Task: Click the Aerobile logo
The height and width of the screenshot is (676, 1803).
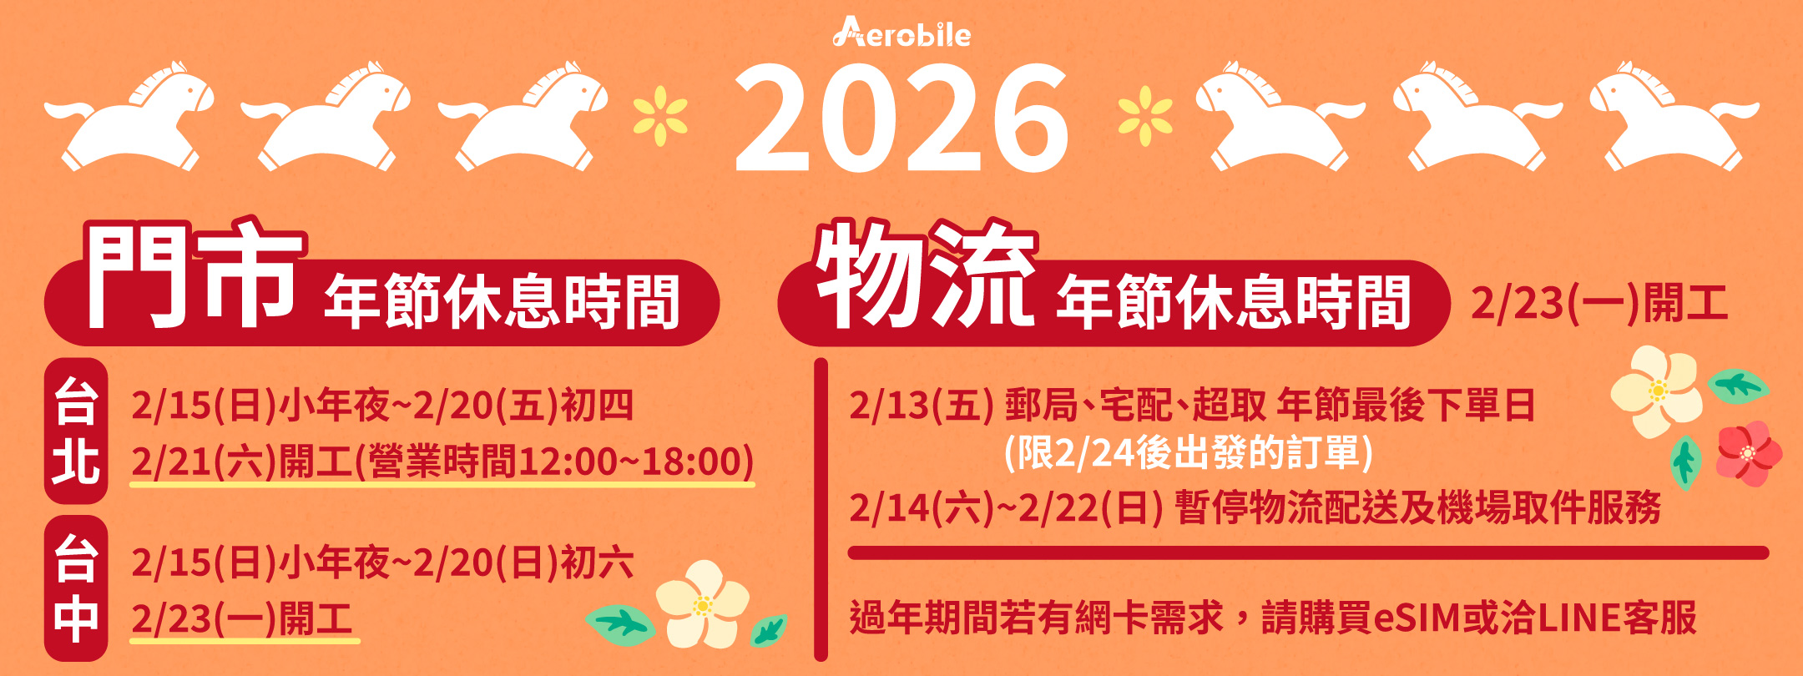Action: (x=901, y=33)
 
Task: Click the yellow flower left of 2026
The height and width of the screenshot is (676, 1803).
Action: (x=660, y=116)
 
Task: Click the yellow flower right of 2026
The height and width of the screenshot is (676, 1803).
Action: (x=1144, y=116)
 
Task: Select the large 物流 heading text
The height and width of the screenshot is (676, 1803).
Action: (x=927, y=274)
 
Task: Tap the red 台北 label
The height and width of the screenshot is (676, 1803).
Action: (x=76, y=431)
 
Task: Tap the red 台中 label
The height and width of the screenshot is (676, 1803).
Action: (x=76, y=588)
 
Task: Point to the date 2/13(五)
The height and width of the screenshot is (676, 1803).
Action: (x=922, y=406)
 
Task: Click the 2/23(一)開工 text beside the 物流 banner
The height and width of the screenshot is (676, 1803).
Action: (x=1598, y=303)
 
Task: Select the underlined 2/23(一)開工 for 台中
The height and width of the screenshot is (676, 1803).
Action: (x=242, y=618)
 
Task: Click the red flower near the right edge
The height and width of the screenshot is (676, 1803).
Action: (x=1749, y=453)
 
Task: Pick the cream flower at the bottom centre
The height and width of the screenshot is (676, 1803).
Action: (x=702, y=603)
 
